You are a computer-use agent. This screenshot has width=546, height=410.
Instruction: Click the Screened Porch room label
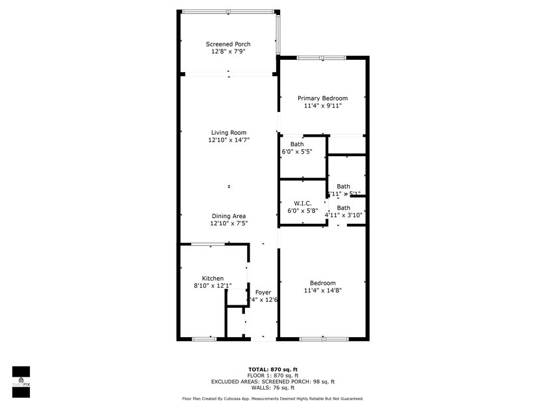tap(228, 44)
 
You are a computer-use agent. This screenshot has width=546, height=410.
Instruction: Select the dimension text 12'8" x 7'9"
tap(228, 51)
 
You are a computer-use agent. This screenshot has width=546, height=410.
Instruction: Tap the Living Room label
tap(228, 133)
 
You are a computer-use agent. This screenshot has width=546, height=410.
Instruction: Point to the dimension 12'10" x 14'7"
tap(229, 140)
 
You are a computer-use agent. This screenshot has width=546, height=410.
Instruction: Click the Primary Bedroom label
tap(322, 98)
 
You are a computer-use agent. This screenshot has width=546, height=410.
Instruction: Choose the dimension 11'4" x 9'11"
tap(322, 105)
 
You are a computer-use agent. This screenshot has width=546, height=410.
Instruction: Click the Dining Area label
tap(228, 216)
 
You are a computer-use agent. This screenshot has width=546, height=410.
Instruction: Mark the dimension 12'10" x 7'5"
tap(228, 223)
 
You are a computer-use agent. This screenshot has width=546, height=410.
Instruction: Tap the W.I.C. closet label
tap(303, 202)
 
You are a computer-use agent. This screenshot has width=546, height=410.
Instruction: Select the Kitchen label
tap(213, 279)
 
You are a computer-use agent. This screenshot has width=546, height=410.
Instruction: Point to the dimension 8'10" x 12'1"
tap(213, 286)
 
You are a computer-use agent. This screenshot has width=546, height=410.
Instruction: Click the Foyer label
tap(263, 292)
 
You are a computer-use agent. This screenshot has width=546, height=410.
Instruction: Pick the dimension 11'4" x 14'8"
tap(322, 290)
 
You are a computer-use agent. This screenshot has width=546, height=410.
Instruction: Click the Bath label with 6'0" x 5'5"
tap(297, 144)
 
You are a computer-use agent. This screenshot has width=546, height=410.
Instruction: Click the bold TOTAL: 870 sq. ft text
tap(272, 369)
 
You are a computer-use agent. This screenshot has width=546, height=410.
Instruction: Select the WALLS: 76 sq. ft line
tap(272, 388)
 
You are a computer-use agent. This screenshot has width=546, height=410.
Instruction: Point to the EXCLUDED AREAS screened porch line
tap(272, 381)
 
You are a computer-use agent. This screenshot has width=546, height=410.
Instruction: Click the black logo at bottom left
tap(21, 381)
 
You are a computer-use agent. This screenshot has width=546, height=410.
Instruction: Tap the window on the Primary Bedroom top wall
tap(322, 58)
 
